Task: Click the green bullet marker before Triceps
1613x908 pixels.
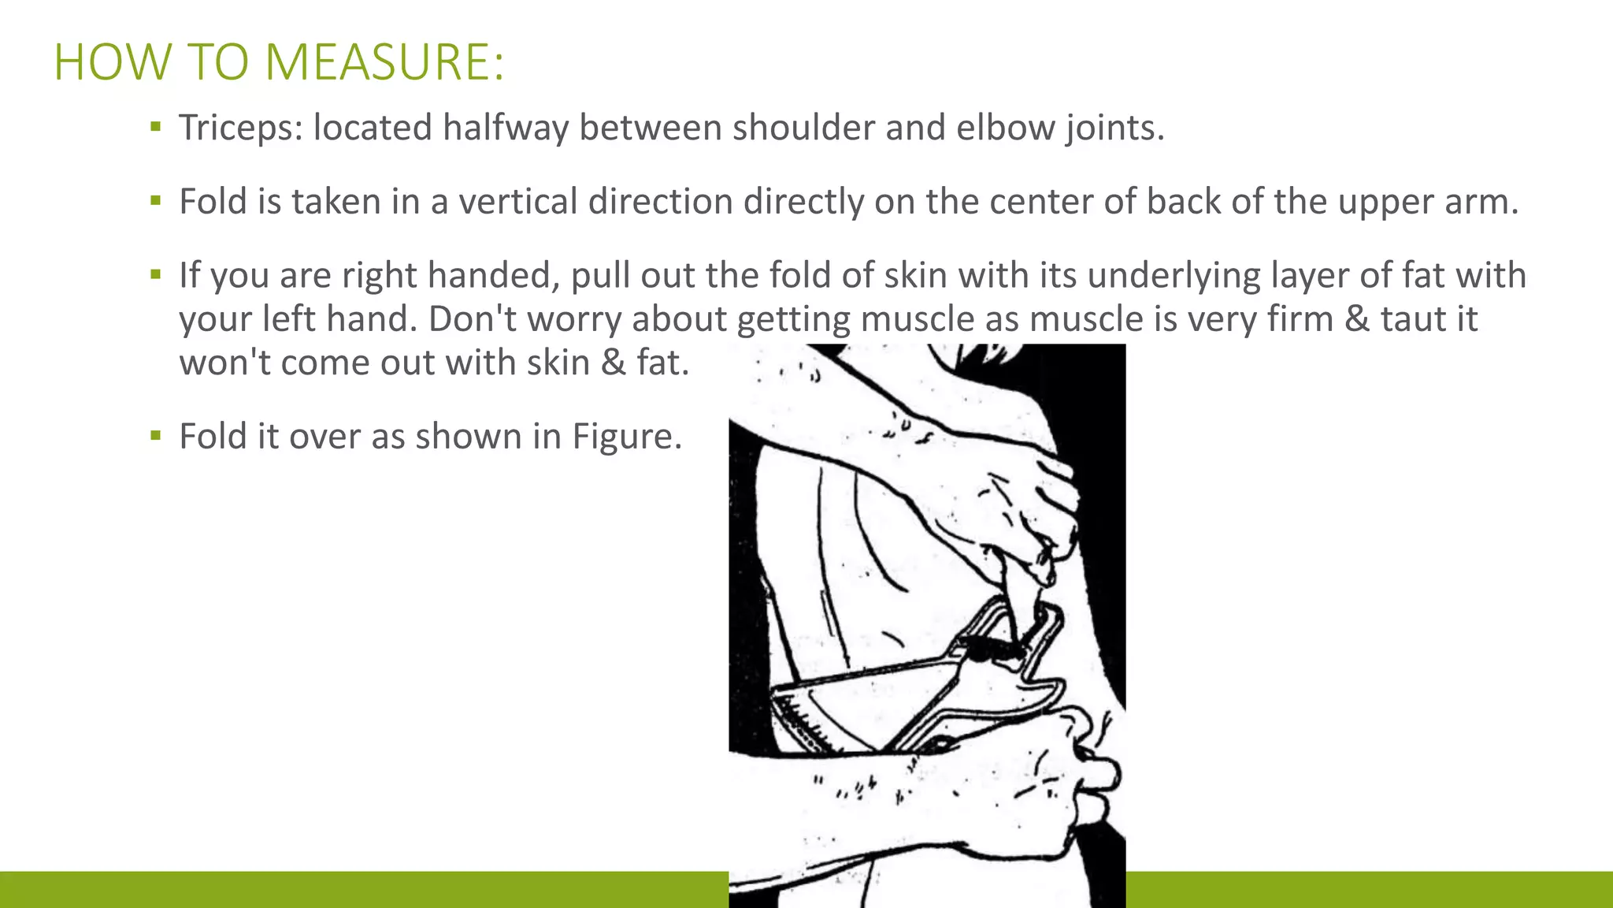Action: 156,126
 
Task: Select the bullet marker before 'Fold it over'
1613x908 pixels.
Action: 156,435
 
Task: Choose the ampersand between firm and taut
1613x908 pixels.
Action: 1357,319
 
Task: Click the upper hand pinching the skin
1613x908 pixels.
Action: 1024,504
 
